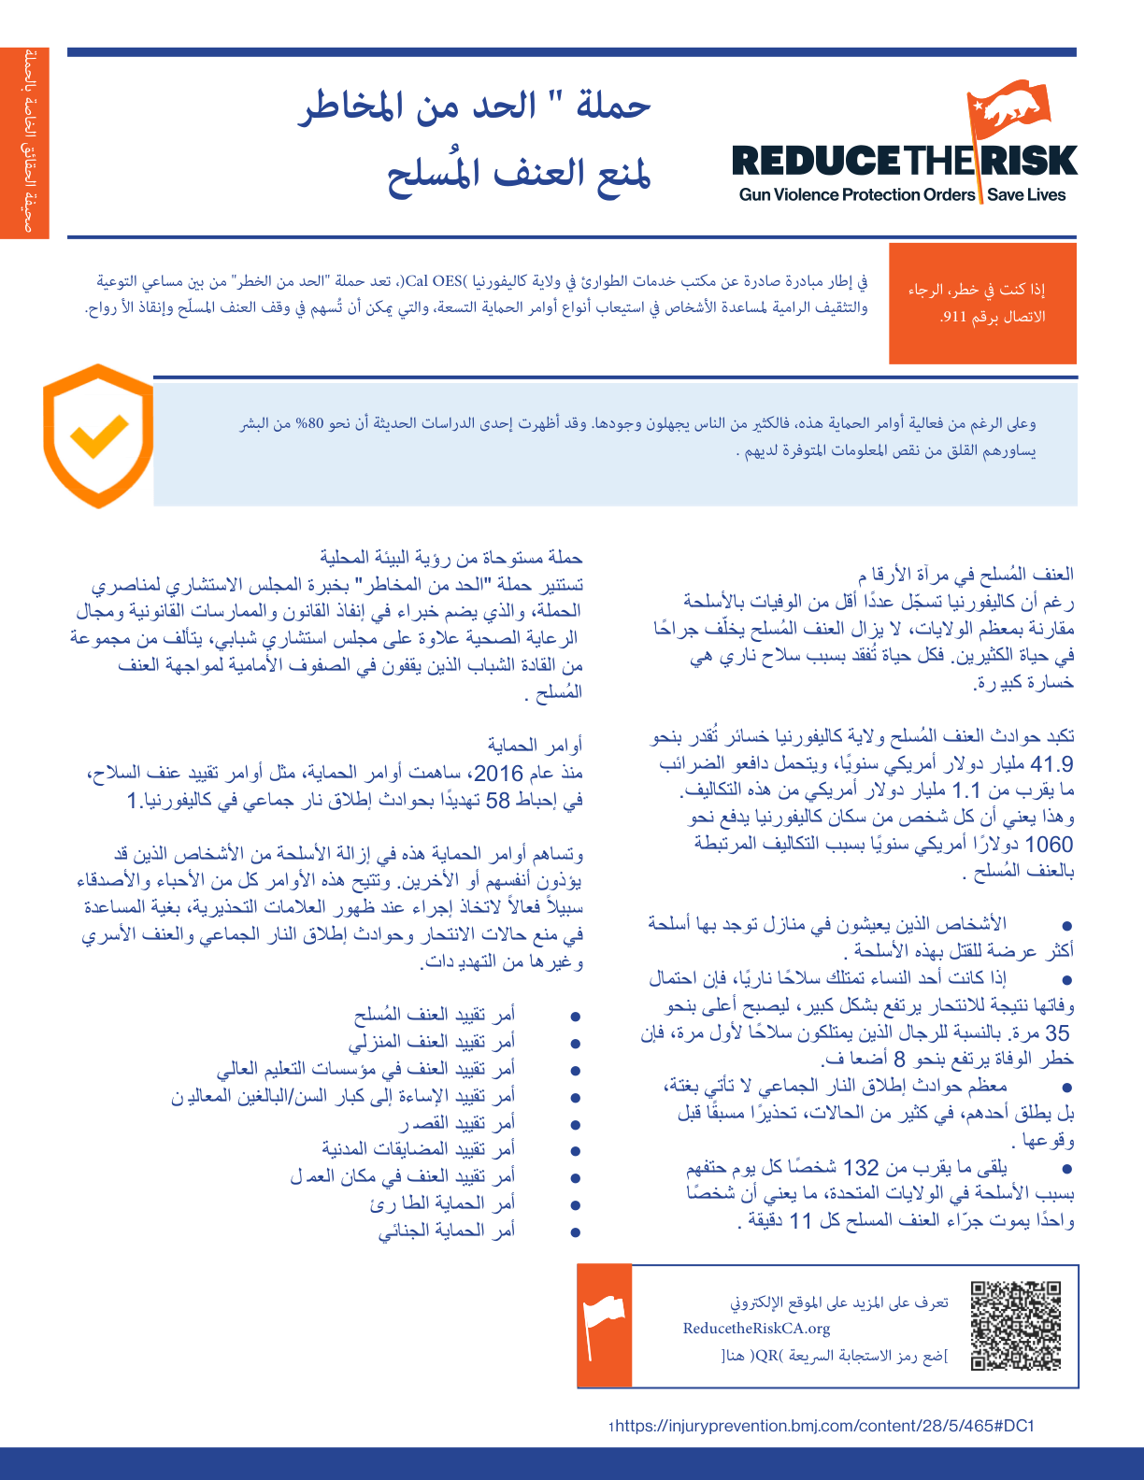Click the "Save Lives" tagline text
1026,195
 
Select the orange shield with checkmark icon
97,435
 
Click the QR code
1016,1326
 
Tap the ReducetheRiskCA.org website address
756,1329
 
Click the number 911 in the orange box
954,317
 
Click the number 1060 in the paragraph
1049,845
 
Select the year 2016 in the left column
498,773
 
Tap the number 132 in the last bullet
861,1167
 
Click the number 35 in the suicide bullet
1057,1032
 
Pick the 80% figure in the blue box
309,423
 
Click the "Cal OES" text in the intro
435,280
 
